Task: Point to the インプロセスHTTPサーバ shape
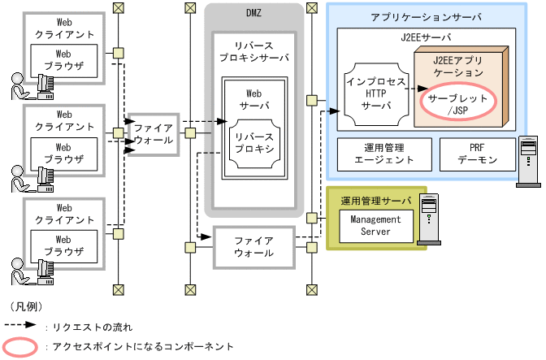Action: pyautogui.click(x=375, y=94)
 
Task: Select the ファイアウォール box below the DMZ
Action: pyautogui.click(x=253, y=246)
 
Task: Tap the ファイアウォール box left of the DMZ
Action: pyautogui.click(x=154, y=134)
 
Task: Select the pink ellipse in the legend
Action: pyautogui.click(x=23, y=347)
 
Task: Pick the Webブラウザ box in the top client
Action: pyautogui.click(x=64, y=61)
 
